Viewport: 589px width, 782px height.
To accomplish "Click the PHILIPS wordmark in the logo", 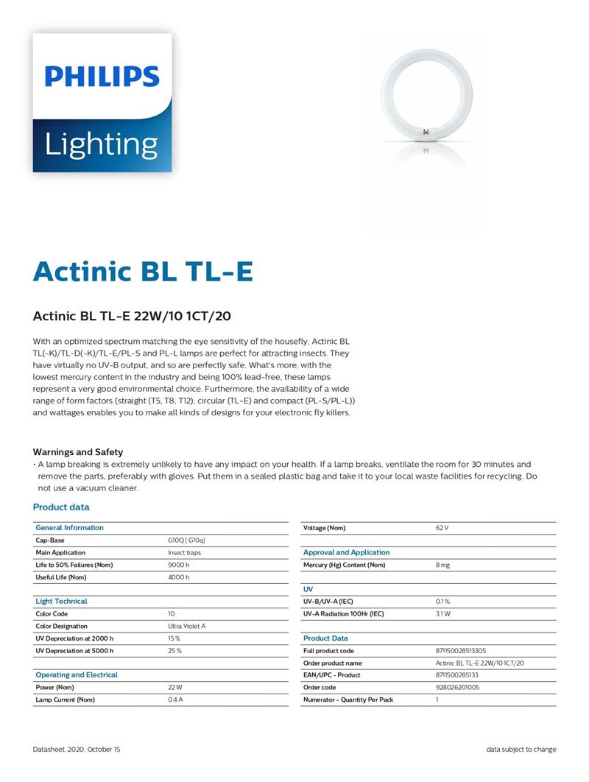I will (x=102, y=77).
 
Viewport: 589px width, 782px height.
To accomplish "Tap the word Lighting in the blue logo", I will (x=101, y=144).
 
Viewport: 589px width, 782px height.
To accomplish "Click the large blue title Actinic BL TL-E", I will (x=143, y=271).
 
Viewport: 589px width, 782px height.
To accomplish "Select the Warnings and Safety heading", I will (x=77, y=452).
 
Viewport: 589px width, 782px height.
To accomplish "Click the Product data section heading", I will (x=61, y=507).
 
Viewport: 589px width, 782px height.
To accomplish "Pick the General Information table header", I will (x=70, y=528).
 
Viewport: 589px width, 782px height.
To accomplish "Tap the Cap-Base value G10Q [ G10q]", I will (x=186, y=540).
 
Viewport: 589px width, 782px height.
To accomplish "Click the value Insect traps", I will (x=184, y=552).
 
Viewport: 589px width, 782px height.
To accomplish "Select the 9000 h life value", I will (x=178, y=565).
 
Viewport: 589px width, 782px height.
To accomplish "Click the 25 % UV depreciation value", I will (x=174, y=651).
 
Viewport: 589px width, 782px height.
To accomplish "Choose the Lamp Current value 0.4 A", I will (x=175, y=700).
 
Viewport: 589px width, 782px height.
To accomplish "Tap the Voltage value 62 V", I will (x=442, y=528).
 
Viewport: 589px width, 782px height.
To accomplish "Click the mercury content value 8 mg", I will (x=442, y=565).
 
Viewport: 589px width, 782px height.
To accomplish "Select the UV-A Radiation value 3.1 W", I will (x=442, y=613).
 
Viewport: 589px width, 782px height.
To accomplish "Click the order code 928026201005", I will (x=457, y=687).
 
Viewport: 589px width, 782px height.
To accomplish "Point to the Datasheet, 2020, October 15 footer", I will (x=77, y=750).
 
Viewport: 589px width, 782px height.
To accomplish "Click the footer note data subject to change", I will (x=521, y=750).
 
